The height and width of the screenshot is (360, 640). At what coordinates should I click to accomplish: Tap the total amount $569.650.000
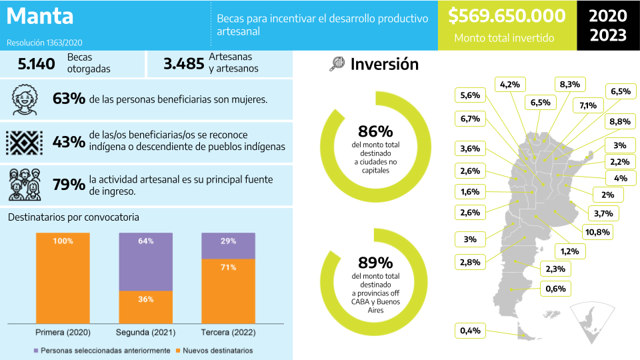coord(507,16)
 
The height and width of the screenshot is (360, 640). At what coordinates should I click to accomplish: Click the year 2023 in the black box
coord(608,35)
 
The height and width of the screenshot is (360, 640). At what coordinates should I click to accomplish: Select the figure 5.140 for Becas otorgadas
coord(36,64)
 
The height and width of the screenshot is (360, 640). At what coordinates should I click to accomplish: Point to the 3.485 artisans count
coord(183,64)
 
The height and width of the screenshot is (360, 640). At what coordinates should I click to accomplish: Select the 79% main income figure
coord(69,185)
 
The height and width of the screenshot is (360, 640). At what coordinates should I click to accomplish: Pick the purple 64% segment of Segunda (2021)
coord(146,261)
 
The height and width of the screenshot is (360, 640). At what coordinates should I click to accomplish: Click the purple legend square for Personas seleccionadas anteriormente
coord(35,350)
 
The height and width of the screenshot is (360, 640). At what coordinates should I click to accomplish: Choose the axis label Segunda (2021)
coord(146,332)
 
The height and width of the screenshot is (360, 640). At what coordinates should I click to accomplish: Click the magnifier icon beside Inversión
coord(337,64)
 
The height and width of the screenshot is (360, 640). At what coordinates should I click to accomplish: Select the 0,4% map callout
coord(471,331)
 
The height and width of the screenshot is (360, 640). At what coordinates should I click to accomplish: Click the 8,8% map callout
coord(619,122)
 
